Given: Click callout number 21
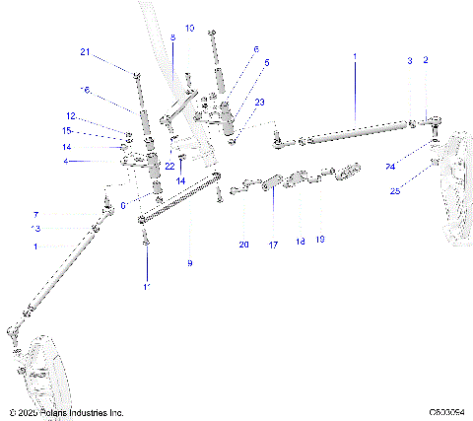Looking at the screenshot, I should click(x=84, y=52).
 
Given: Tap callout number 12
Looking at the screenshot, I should click(x=70, y=115).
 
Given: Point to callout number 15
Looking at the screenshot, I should click(x=68, y=130).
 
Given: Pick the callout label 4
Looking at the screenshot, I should click(x=65, y=161).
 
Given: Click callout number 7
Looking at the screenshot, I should click(x=64, y=214).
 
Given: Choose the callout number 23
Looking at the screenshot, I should click(x=260, y=102).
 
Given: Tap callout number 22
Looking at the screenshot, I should click(x=169, y=165).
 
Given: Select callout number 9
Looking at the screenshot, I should click(x=189, y=263).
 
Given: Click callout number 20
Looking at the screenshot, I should click(x=244, y=245).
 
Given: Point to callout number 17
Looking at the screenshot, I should click(x=273, y=245).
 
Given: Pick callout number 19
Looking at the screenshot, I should click(x=319, y=240).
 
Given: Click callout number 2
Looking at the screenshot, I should click(x=426, y=61).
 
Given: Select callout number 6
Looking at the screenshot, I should click(x=255, y=48).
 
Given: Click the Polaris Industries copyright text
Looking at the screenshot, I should click(x=65, y=412).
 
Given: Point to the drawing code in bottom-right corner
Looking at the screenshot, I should click(x=444, y=412).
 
